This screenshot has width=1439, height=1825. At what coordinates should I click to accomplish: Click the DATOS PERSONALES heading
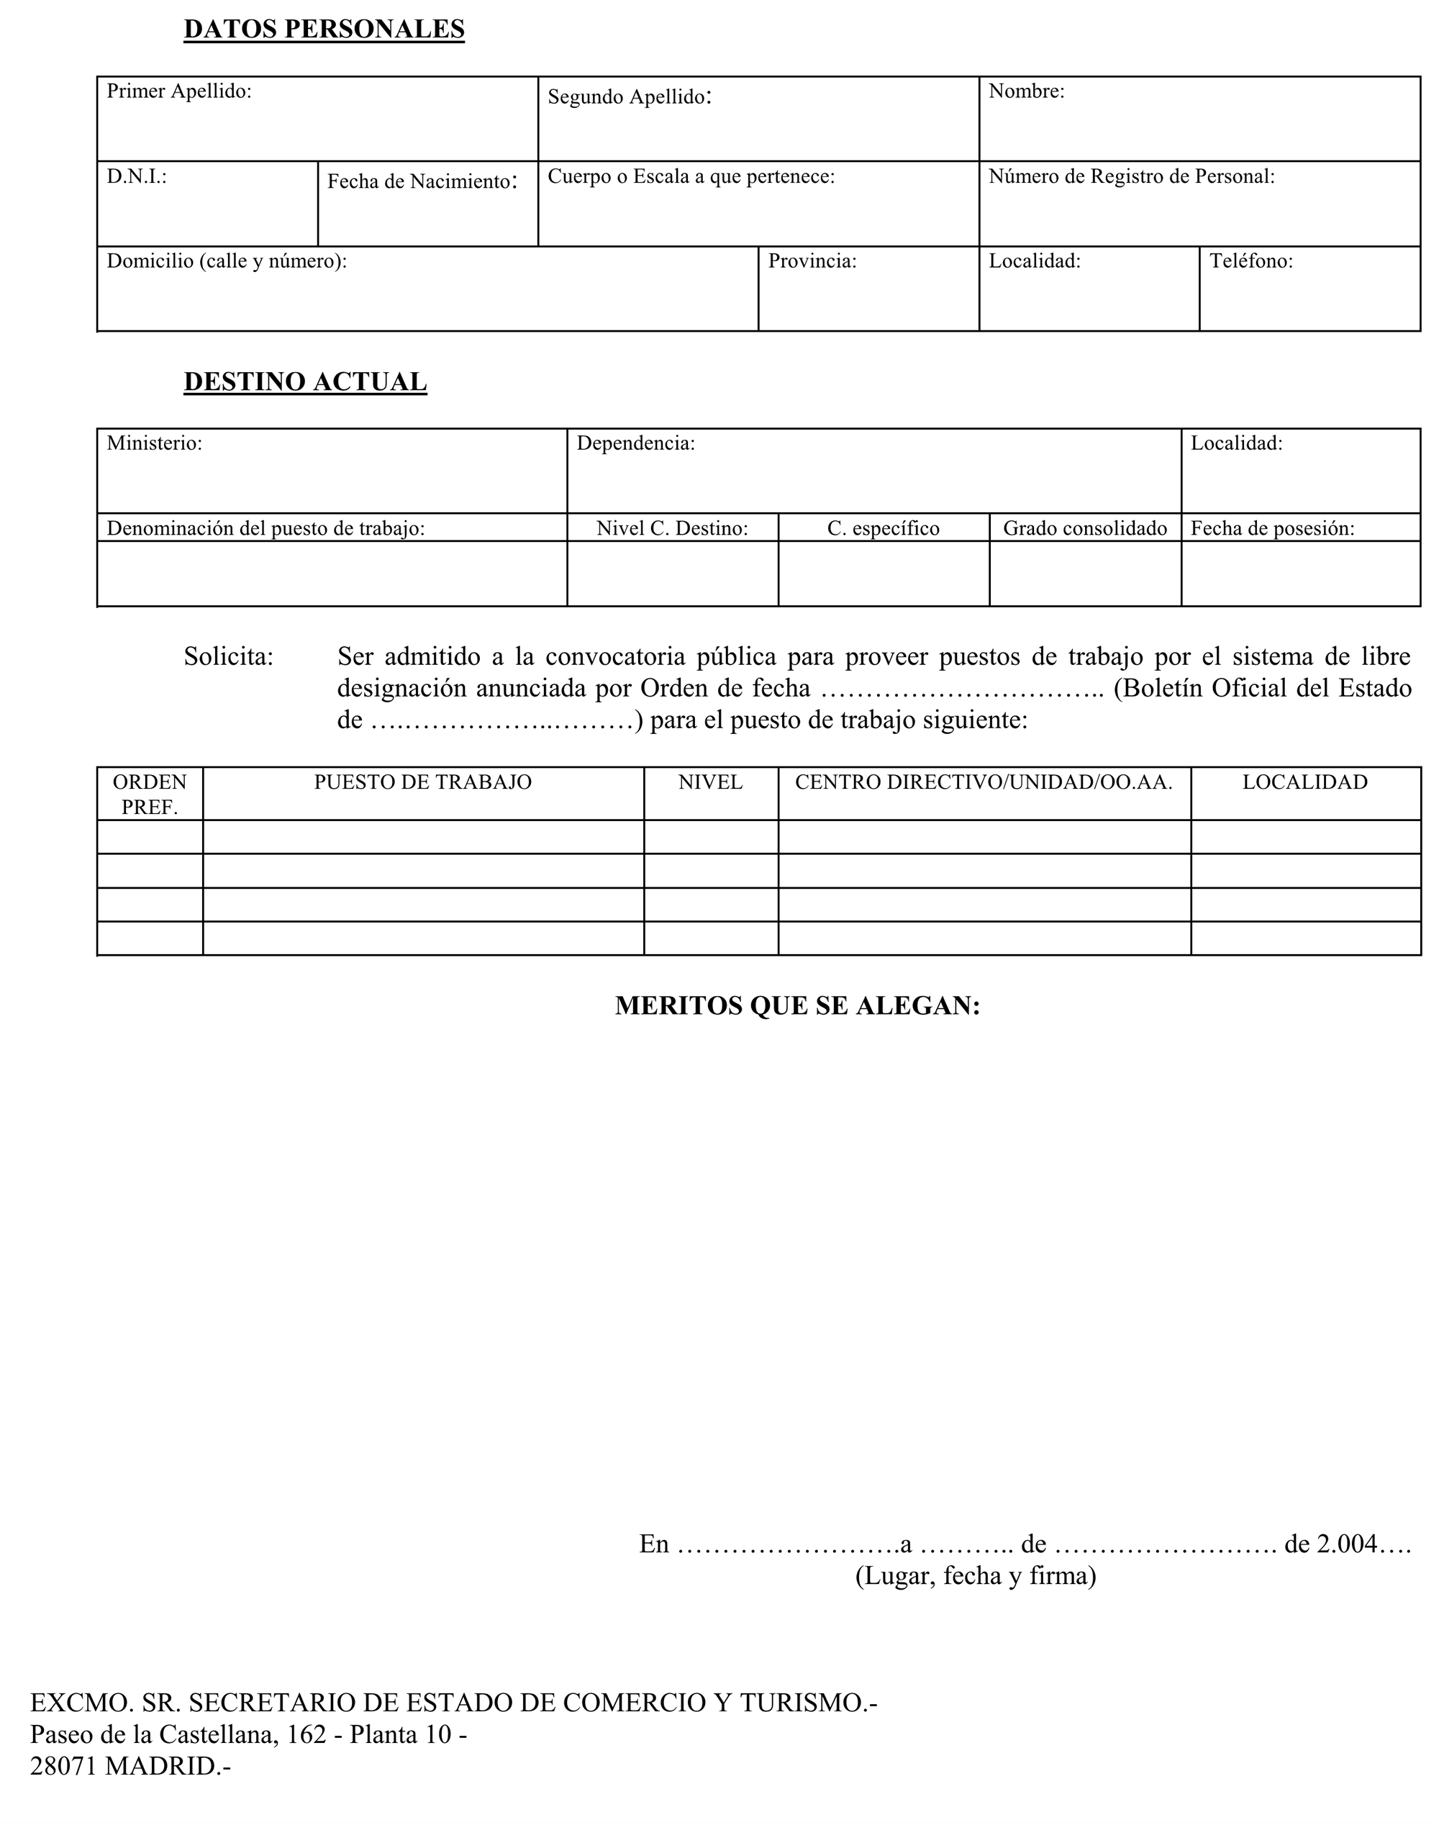click(324, 30)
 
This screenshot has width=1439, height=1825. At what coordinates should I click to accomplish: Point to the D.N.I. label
click(137, 177)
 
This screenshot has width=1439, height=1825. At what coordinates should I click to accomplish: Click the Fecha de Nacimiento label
click(421, 181)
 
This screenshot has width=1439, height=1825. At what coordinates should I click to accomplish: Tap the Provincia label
click(812, 261)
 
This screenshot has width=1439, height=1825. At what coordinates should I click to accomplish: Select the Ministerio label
click(154, 443)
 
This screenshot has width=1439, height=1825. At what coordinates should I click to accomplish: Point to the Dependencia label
click(635, 443)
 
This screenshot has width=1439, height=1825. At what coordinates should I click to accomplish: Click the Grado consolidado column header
click(1084, 528)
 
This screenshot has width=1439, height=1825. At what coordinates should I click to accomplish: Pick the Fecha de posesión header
click(1271, 528)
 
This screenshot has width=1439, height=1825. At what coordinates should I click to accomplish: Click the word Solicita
click(228, 656)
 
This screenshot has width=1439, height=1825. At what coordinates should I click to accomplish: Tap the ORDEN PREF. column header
click(150, 794)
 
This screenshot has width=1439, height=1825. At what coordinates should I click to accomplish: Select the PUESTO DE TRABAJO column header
click(423, 782)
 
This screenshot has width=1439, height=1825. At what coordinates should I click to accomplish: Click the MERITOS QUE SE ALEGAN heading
click(797, 1005)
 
